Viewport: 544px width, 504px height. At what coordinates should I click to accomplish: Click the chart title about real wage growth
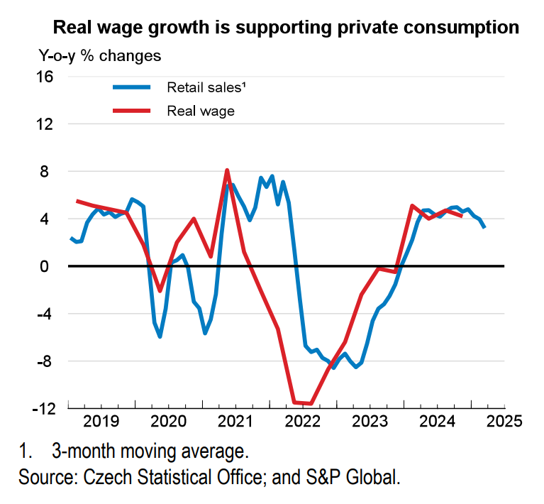point(287,28)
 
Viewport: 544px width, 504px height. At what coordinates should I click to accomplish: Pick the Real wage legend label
point(201,111)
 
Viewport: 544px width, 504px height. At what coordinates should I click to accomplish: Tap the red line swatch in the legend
point(132,111)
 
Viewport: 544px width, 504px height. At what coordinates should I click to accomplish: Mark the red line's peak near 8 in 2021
point(227,170)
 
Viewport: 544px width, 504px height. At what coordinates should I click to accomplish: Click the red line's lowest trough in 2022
point(311,404)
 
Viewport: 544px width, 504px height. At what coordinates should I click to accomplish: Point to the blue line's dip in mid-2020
point(160,336)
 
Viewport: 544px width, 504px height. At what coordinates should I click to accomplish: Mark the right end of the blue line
point(484,227)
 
